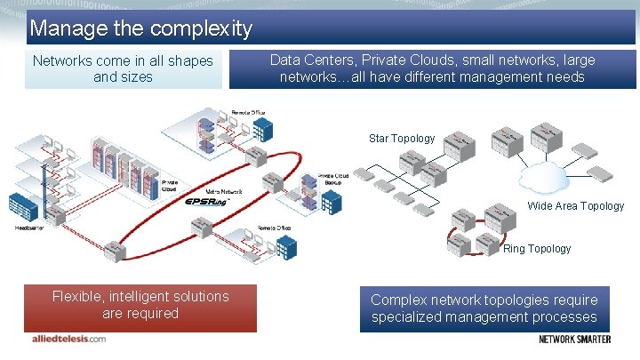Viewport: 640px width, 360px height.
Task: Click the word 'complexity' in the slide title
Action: [202, 28]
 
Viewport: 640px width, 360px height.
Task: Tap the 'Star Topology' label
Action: [402, 139]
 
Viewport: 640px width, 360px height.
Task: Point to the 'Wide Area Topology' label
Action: [576, 206]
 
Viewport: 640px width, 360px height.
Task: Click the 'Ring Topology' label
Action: [537, 249]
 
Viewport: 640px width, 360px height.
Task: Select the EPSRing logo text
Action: [207, 202]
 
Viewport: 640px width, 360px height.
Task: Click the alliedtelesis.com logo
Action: [65, 339]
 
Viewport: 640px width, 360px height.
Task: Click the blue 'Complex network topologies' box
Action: [484, 308]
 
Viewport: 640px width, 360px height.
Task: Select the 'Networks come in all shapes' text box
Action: [123, 69]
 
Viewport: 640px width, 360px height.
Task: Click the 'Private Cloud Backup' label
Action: [333, 179]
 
